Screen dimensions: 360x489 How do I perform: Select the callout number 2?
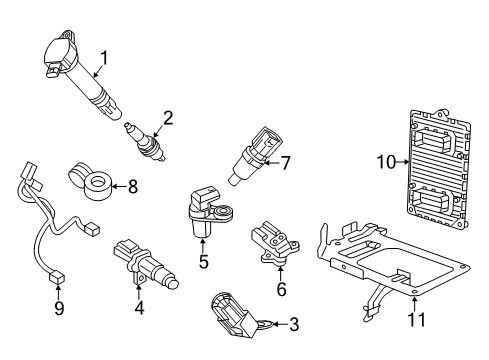(x=167, y=118)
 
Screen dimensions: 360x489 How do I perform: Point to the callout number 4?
(x=139, y=308)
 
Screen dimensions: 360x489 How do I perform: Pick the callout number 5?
(x=203, y=264)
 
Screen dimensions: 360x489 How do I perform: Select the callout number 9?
(x=58, y=308)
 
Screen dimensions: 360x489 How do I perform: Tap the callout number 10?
(x=385, y=159)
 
